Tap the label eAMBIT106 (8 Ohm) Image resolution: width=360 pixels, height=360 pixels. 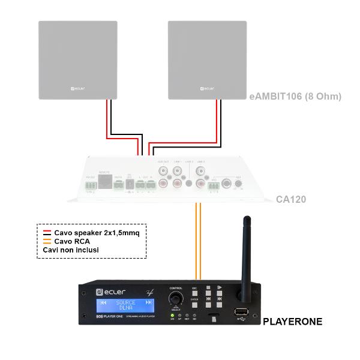click(x=295, y=95)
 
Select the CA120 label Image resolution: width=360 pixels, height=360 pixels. click(x=291, y=199)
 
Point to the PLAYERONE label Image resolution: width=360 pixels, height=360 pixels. click(x=292, y=322)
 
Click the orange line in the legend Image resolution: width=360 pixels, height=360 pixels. click(x=45, y=241)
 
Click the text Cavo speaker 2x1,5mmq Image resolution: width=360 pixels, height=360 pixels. click(x=96, y=232)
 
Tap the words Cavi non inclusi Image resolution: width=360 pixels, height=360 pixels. click(x=70, y=249)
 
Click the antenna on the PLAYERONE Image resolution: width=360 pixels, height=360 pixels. click(x=245, y=252)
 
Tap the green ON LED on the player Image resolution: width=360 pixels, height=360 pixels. click(x=173, y=314)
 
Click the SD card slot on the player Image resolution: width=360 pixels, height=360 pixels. click(x=213, y=314)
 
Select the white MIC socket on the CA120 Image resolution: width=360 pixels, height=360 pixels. click(x=227, y=184)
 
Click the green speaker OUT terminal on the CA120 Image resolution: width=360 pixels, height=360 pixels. click(x=144, y=186)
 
